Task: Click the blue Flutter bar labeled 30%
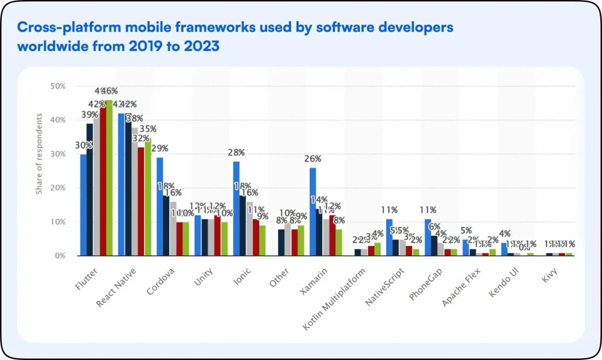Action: pos(83,205)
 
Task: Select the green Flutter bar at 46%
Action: pos(109,178)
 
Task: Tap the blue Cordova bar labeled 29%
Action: pos(159,206)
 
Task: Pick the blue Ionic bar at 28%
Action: pos(236,208)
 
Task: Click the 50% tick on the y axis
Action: pos(58,86)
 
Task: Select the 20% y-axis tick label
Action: pos(58,188)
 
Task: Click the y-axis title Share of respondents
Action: pos(39,154)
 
